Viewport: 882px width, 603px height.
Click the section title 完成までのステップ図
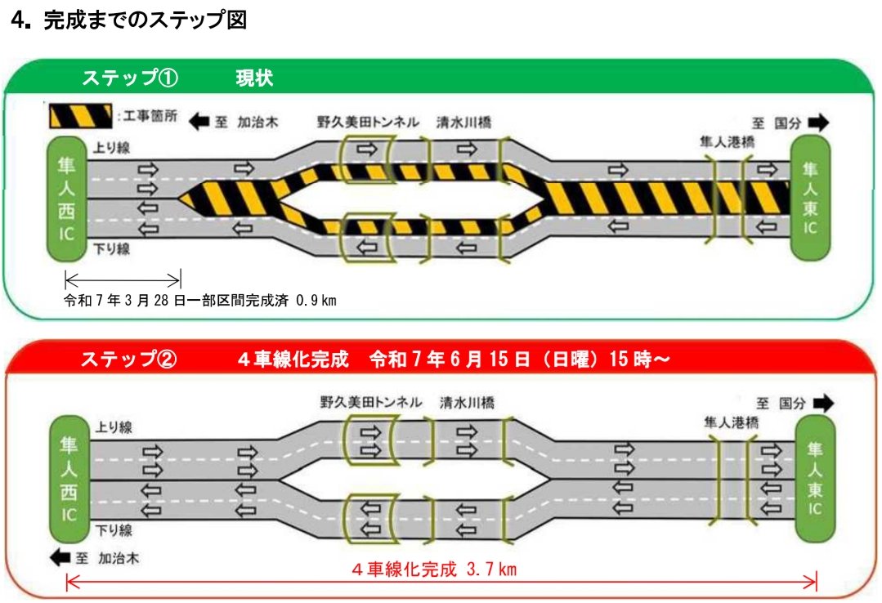145,21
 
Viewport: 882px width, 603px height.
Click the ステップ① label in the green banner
130,79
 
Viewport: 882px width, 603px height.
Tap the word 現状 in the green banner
254,79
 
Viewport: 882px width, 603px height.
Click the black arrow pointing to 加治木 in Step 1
199,123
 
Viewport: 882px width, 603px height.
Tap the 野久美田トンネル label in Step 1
368,123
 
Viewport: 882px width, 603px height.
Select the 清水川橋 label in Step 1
464,123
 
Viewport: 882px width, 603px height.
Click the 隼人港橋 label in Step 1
727,141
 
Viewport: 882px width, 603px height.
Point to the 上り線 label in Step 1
114,148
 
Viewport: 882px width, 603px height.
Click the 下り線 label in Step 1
114,249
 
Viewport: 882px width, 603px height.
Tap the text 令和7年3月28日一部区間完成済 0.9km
201,301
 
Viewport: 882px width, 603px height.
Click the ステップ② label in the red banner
128,360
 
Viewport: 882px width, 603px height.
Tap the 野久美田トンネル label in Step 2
371,403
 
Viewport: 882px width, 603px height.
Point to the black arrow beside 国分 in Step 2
819,403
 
